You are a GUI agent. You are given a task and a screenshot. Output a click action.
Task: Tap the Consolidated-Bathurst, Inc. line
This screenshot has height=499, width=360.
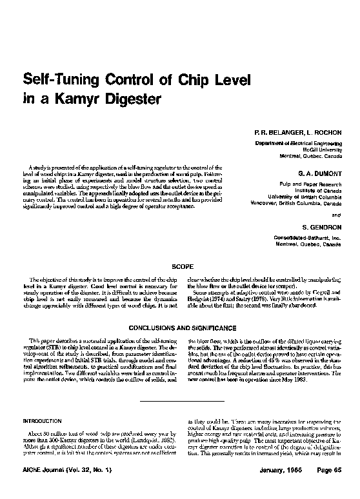(308, 239)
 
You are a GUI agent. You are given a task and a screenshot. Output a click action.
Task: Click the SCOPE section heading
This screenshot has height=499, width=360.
(180, 266)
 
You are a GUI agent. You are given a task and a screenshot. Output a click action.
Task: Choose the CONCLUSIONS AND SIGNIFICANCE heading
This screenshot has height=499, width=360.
(179, 328)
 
